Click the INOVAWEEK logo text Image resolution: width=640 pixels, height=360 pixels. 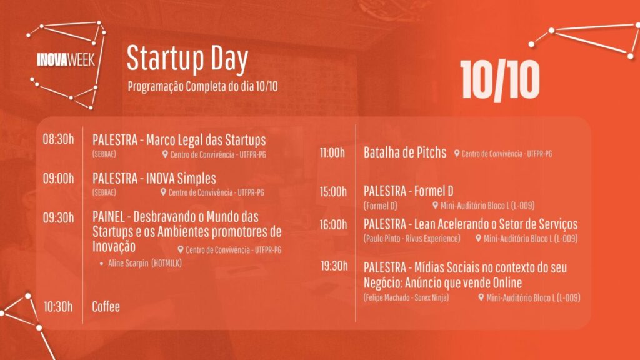pos(66,60)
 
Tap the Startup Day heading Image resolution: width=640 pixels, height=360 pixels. pos(187,59)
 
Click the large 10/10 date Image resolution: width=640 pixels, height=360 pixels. pos(500,80)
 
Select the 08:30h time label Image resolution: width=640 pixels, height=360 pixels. pos(58,139)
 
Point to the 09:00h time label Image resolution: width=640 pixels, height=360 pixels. pos(58,178)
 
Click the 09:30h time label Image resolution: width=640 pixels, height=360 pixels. pos(58,217)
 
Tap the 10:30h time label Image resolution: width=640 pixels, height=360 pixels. pos(58,306)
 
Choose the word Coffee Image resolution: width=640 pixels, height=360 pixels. pos(106,306)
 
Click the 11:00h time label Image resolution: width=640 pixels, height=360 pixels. pos(332,152)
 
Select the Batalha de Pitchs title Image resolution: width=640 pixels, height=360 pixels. pos(405,152)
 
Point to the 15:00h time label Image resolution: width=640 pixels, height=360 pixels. pos(333,192)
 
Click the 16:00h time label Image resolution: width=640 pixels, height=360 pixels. pos(333,225)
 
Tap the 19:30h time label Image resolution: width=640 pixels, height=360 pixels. pos(334,266)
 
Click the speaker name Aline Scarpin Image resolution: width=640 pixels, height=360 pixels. pos(128,263)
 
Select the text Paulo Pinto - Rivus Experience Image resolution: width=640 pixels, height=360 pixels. pos(412,239)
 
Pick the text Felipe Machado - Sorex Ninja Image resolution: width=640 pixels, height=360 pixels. pos(406,297)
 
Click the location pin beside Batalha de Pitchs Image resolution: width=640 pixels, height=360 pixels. pos(457,154)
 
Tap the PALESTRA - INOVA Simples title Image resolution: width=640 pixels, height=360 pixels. pos(154,178)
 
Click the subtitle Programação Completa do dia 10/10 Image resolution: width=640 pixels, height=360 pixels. pos(203,86)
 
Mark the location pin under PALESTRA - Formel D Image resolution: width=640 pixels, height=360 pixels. pos(435,205)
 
